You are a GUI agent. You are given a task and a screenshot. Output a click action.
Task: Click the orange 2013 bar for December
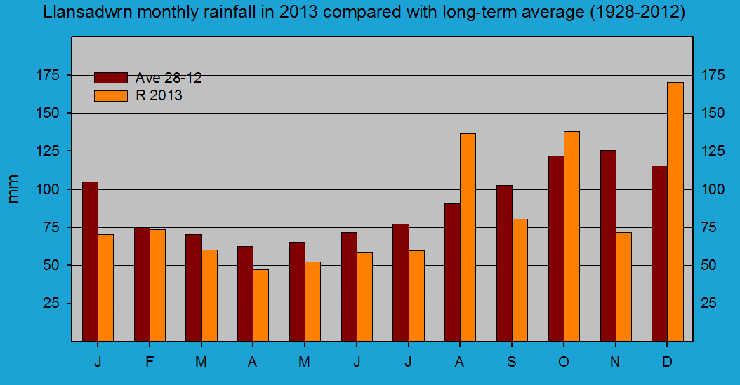point(675,212)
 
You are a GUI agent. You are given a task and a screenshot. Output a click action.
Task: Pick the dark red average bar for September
point(504,263)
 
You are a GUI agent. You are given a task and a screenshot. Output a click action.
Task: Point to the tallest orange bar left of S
point(468,237)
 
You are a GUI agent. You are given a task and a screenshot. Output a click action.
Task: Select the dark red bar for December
point(659,253)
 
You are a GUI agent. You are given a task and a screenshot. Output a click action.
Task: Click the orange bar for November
point(623,286)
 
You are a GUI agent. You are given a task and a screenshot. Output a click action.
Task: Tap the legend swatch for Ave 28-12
point(110,78)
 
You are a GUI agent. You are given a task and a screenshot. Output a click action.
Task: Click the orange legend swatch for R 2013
point(110,95)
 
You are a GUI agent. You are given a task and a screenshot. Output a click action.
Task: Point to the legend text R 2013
point(159,95)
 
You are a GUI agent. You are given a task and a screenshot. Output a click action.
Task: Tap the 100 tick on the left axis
point(54,189)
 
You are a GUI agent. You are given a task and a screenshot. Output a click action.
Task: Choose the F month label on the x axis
point(150,362)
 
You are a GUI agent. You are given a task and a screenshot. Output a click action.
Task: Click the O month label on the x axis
point(563,362)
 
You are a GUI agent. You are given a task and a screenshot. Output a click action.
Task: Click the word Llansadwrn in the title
point(83,13)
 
